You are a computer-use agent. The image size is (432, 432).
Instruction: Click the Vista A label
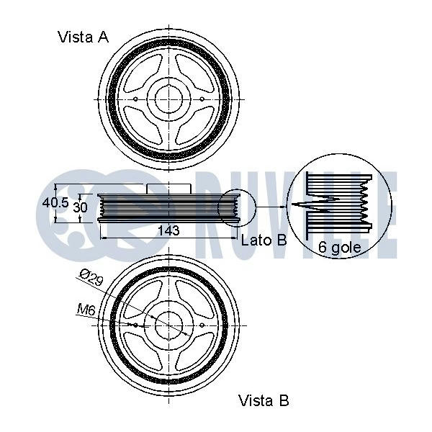83,37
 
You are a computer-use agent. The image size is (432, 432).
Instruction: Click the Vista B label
263,400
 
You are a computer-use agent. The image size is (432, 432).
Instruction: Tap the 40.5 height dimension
54,203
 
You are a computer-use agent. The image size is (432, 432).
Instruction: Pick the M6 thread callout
86,310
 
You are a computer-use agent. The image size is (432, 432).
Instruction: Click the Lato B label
264,240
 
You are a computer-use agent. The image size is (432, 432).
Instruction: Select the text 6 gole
339,251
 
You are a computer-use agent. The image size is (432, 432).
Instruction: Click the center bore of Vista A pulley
169,99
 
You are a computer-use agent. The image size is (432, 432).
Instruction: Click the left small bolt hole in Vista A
136,99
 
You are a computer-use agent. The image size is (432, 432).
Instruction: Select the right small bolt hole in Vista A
202,99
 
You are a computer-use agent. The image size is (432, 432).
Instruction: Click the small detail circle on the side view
235,209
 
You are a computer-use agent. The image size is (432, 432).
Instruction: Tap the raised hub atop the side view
168,189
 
